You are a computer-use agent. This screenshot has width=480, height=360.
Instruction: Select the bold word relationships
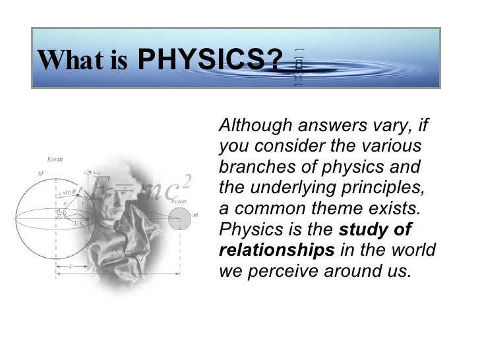(276, 251)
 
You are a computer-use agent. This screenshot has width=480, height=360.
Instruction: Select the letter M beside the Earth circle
(41, 173)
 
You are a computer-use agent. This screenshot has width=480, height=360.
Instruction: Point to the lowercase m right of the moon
(196, 216)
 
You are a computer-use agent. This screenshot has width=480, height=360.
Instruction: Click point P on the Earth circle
(80, 189)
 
